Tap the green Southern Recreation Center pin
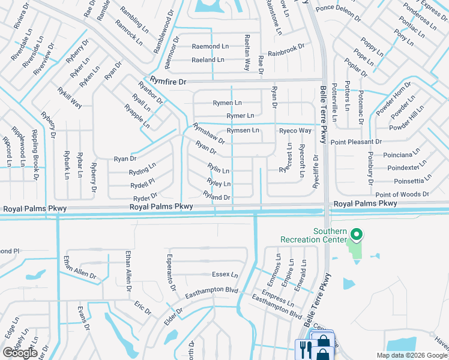(356, 235)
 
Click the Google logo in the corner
(20, 353)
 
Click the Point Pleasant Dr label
(356, 142)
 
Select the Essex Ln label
(225, 275)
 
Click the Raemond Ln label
(210, 46)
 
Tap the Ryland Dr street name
(217, 196)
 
